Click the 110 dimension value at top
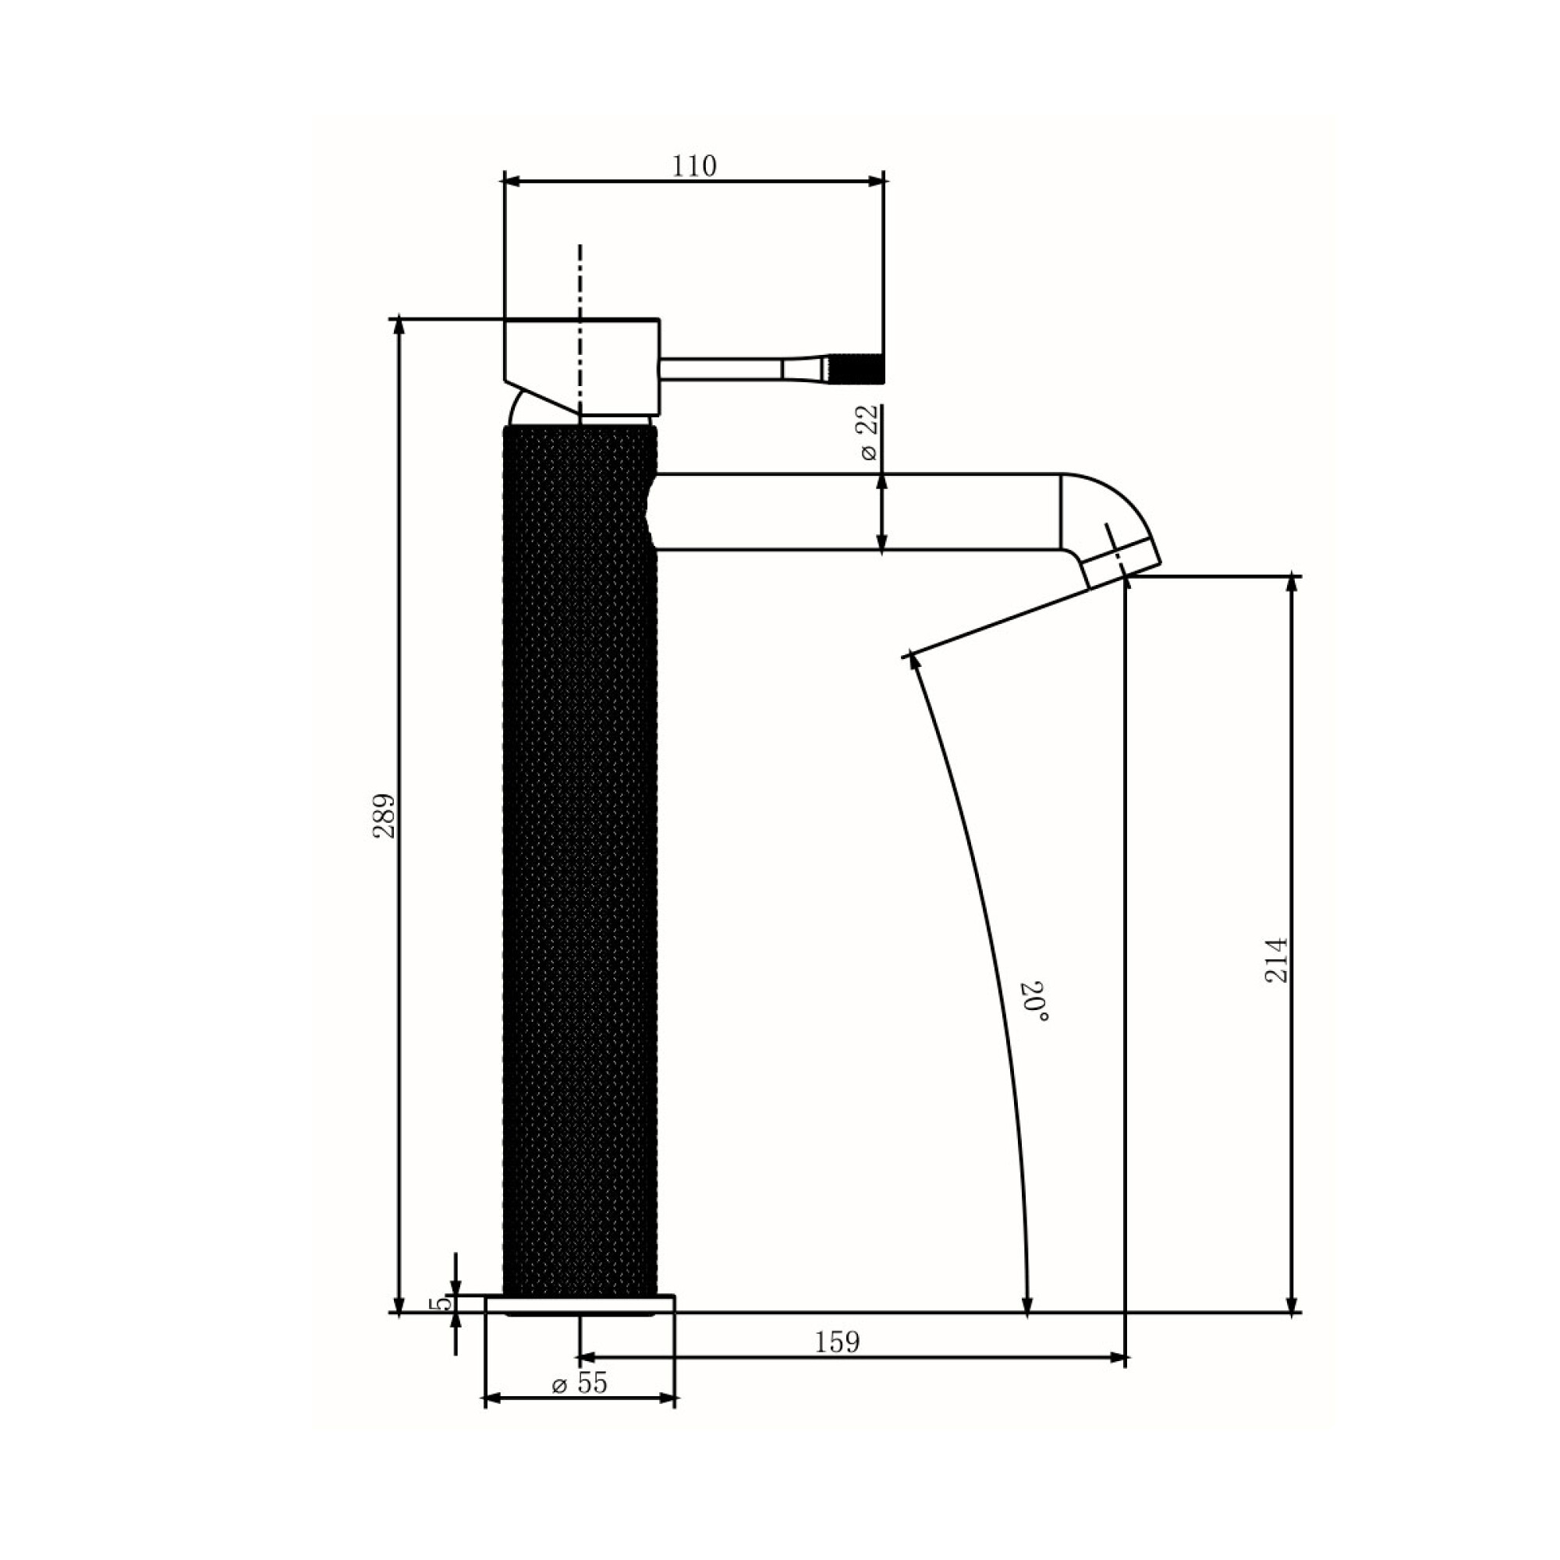[694, 165]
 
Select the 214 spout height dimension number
[1276, 960]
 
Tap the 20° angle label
[1037, 1002]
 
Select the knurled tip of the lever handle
[856, 368]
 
